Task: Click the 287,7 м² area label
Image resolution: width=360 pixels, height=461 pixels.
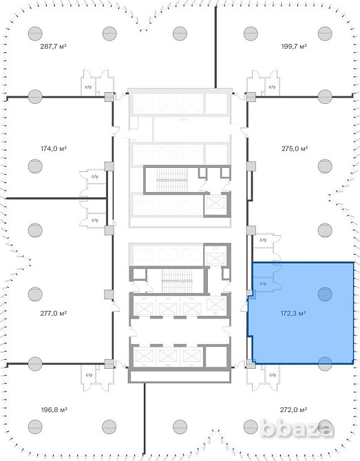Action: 53,46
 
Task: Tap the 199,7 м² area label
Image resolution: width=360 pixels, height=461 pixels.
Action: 294,46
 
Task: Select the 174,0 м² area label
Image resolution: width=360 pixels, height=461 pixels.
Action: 54,149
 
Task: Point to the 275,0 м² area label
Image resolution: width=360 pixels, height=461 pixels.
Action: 295,149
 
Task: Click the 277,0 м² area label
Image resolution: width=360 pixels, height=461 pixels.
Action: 54,313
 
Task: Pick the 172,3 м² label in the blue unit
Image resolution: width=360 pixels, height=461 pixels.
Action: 293,313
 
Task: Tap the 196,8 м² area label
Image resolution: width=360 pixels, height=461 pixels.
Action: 54,409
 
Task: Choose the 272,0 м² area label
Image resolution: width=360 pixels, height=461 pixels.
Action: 293,409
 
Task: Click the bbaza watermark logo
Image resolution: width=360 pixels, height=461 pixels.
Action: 297,428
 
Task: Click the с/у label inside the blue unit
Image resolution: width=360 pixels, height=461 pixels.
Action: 263,283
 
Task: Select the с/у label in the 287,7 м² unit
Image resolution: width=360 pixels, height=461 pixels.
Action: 89,87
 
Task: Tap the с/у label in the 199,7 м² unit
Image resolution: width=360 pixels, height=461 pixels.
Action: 273,87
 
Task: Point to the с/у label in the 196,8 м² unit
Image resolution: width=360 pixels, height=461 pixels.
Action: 89,375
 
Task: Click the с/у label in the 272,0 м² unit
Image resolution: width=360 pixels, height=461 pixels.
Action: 273,375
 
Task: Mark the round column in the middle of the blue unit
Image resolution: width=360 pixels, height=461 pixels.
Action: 325,294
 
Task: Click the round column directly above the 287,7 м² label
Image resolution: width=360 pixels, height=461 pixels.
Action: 35,34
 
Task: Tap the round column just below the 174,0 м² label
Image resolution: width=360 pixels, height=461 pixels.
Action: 35,166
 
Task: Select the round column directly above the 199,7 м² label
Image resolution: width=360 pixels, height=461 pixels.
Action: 325,34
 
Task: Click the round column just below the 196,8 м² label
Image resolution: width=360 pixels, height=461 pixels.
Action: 35,427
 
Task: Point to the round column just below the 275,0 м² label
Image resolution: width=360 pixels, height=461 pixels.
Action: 325,166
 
